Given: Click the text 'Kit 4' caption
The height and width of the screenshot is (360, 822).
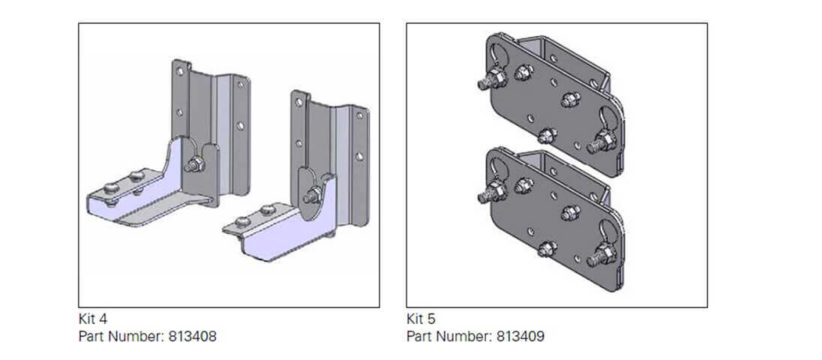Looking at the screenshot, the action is pyautogui.click(x=93, y=319).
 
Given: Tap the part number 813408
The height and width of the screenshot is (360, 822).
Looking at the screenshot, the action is pyautogui.click(x=192, y=336).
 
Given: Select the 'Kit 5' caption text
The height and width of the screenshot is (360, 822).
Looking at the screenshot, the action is pyautogui.click(x=421, y=319).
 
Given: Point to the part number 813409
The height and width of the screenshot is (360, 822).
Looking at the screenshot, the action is pyautogui.click(x=520, y=336).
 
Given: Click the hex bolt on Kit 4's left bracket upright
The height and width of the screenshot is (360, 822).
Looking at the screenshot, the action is pyautogui.click(x=194, y=165).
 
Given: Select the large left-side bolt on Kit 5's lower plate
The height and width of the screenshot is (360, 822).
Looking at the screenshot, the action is pyautogui.click(x=492, y=192).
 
